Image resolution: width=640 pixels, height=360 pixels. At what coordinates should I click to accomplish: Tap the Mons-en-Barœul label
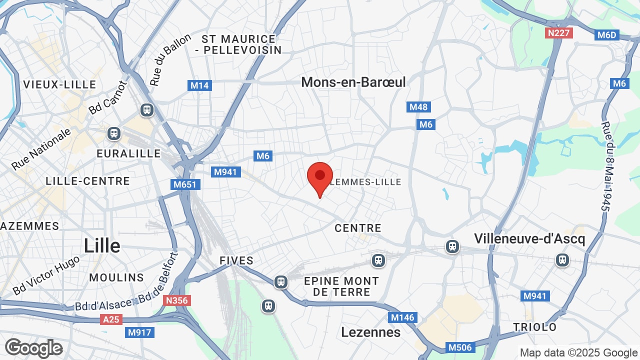[353, 82]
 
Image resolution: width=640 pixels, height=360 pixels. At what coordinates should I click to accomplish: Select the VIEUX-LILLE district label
[59, 84]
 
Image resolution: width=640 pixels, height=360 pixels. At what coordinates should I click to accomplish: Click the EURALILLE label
[128, 153]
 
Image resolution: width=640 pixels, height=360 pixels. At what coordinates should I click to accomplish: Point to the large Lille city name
[102, 246]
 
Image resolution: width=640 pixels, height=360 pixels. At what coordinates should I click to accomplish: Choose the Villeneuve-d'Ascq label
[529, 238]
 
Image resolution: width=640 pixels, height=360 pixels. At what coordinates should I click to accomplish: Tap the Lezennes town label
[371, 332]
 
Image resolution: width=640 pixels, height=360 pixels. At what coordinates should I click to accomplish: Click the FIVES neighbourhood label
[236, 260]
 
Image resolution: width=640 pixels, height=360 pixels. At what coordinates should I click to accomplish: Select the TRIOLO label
[534, 327]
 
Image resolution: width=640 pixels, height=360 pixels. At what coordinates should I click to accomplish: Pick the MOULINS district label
[116, 277]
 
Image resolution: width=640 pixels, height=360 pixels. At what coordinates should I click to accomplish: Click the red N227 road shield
[558, 33]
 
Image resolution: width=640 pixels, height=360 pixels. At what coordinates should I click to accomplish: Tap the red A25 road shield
[111, 319]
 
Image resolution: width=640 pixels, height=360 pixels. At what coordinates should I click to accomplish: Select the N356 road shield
[177, 300]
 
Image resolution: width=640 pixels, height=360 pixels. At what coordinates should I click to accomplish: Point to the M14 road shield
[200, 85]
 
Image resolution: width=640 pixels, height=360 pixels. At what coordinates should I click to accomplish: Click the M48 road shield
[418, 107]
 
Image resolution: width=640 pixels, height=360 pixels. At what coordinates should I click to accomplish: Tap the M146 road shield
[402, 317]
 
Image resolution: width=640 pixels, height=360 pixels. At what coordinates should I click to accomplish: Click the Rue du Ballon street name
[170, 59]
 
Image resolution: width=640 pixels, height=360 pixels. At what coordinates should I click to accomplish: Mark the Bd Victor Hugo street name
[46, 275]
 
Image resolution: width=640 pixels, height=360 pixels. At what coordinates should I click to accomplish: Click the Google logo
[33, 348]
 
